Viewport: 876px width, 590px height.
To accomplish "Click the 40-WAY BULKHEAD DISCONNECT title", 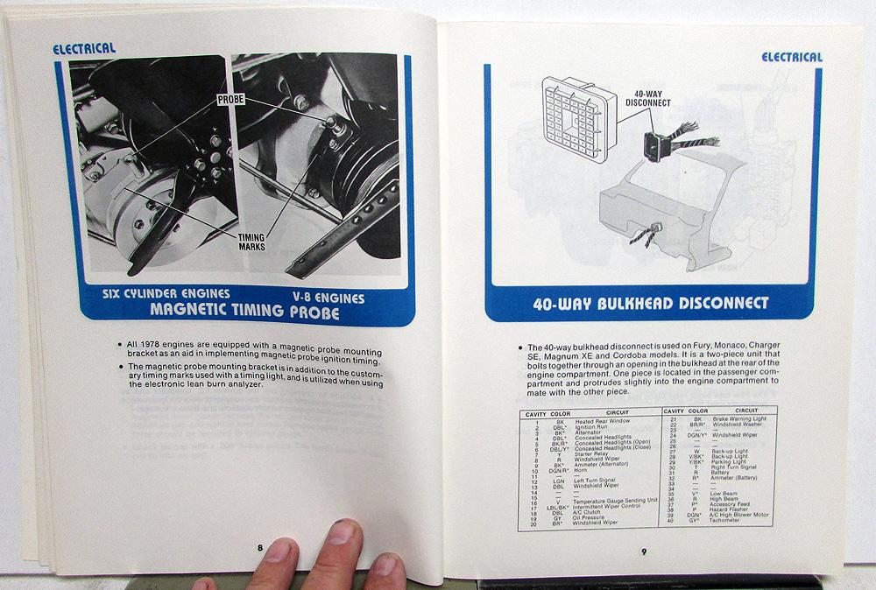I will pyautogui.click(x=649, y=303).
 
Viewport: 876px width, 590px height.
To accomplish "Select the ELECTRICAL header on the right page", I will pyautogui.click(x=791, y=57).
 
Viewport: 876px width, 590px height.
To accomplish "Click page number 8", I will pyautogui.click(x=260, y=547).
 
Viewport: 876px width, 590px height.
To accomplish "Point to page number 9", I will pyautogui.click(x=643, y=551).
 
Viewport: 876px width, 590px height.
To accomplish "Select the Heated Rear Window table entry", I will pyautogui.click(x=596, y=422).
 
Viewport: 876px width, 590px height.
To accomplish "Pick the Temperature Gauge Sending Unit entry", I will pyautogui.click(x=618, y=502).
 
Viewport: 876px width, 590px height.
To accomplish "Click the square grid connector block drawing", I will pyautogui.click(x=576, y=109).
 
